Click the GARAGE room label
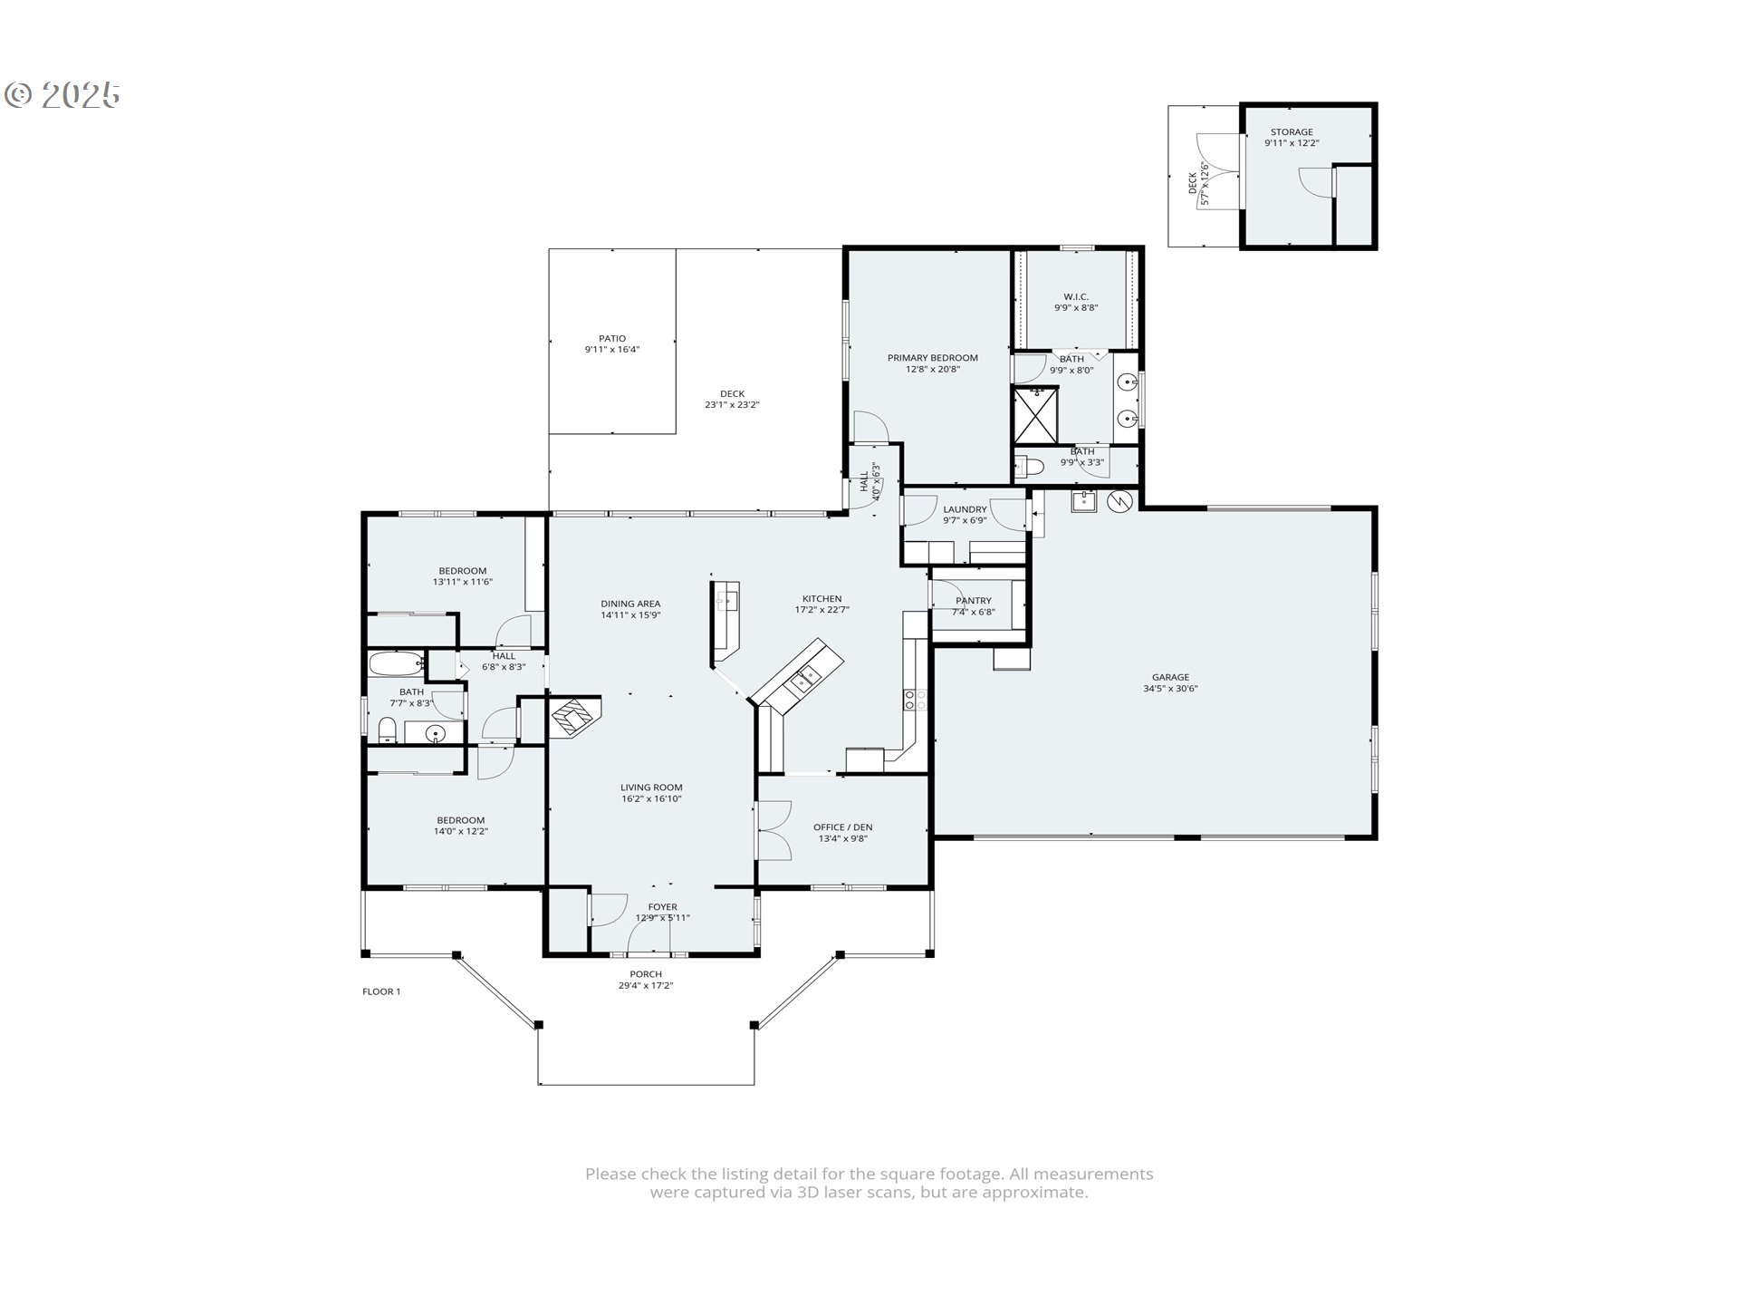1170,677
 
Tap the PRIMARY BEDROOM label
932,358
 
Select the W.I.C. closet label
1076,297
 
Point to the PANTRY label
974,601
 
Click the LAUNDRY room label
965,510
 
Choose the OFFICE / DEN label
843,827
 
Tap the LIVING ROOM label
651,788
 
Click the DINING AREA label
630,604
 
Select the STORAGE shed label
1292,132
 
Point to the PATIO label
612,339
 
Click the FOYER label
663,907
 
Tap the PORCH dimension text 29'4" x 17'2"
646,986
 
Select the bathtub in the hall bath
397,663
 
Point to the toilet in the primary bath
1031,467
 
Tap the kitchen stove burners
915,699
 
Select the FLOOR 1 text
381,991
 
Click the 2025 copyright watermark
63,94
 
